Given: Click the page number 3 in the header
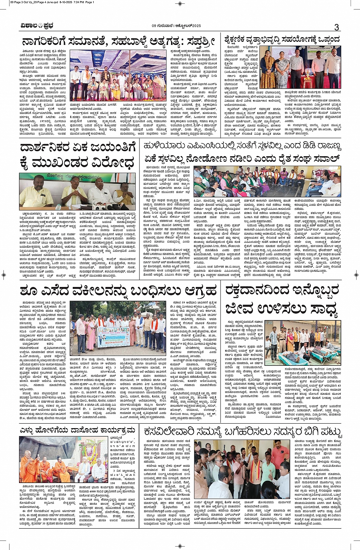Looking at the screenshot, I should [x=336, y=27].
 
